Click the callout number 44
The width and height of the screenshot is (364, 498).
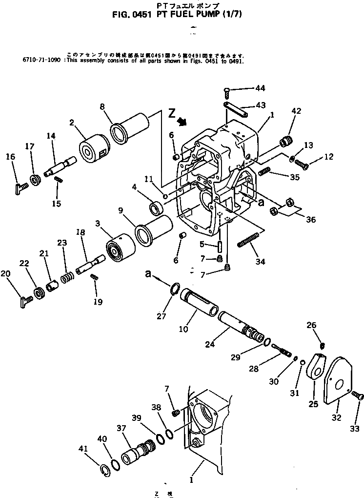click(x=260, y=88)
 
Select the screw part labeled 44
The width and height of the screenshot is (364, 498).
click(x=228, y=90)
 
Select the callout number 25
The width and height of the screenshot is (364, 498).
click(x=313, y=405)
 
